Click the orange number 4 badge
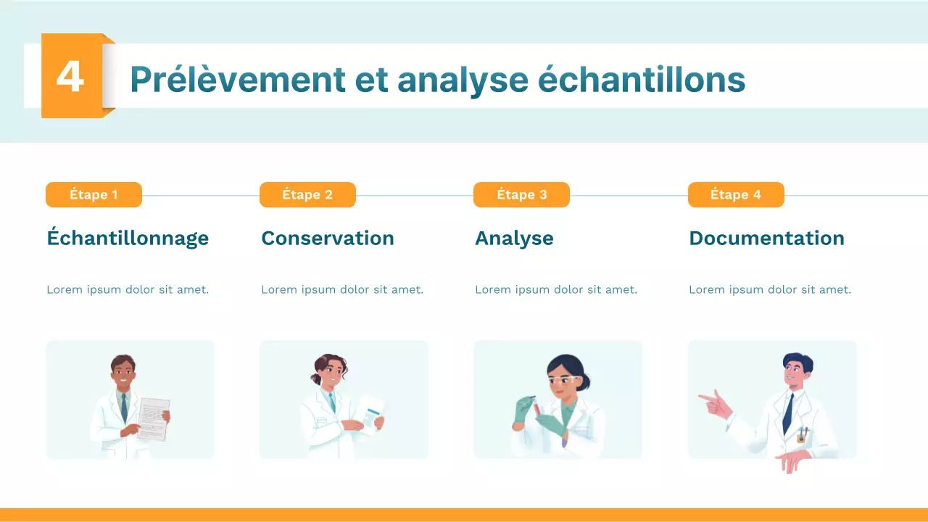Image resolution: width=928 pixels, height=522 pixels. pyautogui.click(x=71, y=75)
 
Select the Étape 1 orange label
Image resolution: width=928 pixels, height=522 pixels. pyautogui.click(x=94, y=195)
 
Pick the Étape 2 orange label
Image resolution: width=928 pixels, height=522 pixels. pyautogui.click(x=307, y=195)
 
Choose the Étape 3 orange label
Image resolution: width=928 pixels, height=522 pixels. pyautogui.click(x=521, y=195)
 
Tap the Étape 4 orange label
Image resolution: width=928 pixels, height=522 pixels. pyautogui.click(x=735, y=195)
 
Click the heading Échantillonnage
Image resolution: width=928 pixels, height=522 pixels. pyautogui.click(x=128, y=239)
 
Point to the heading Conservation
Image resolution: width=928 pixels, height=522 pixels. pyautogui.click(x=328, y=239)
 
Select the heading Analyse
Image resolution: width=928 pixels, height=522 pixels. pyautogui.click(x=514, y=239)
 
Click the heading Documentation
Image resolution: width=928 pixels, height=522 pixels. pyautogui.click(x=766, y=239)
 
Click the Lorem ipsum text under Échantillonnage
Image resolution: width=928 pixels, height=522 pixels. pyautogui.click(x=128, y=290)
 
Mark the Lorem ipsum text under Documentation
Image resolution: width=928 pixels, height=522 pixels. pyautogui.click(x=770, y=290)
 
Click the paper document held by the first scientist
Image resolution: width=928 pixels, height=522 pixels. pyautogui.click(x=154, y=418)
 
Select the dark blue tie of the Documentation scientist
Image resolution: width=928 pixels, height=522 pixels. pyautogui.click(x=787, y=413)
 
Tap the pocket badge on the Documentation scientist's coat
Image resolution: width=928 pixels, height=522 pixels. pyautogui.click(x=802, y=436)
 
